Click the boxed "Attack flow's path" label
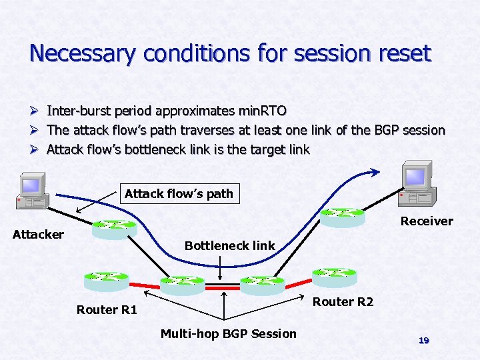pyautogui.click(x=179, y=194)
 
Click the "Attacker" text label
pyautogui.click(x=39, y=234)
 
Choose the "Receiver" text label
pyautogui.click(x=426, y=221)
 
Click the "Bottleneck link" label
pyautogui.click(x=229, y=245)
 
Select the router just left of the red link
pyautogui.click(x=183, y=285)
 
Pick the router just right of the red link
pyautogui.click(x=262, y=285)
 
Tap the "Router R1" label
pyautogui.click(x=107, y=309)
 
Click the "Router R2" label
pyautogui.click(x=343, y=302)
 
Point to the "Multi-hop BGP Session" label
pyautogui.click(x=228, y=333)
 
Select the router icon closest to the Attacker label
pyautogui.click(x=114, y=229)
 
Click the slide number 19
pyautogui.click(x=423, y=340)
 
